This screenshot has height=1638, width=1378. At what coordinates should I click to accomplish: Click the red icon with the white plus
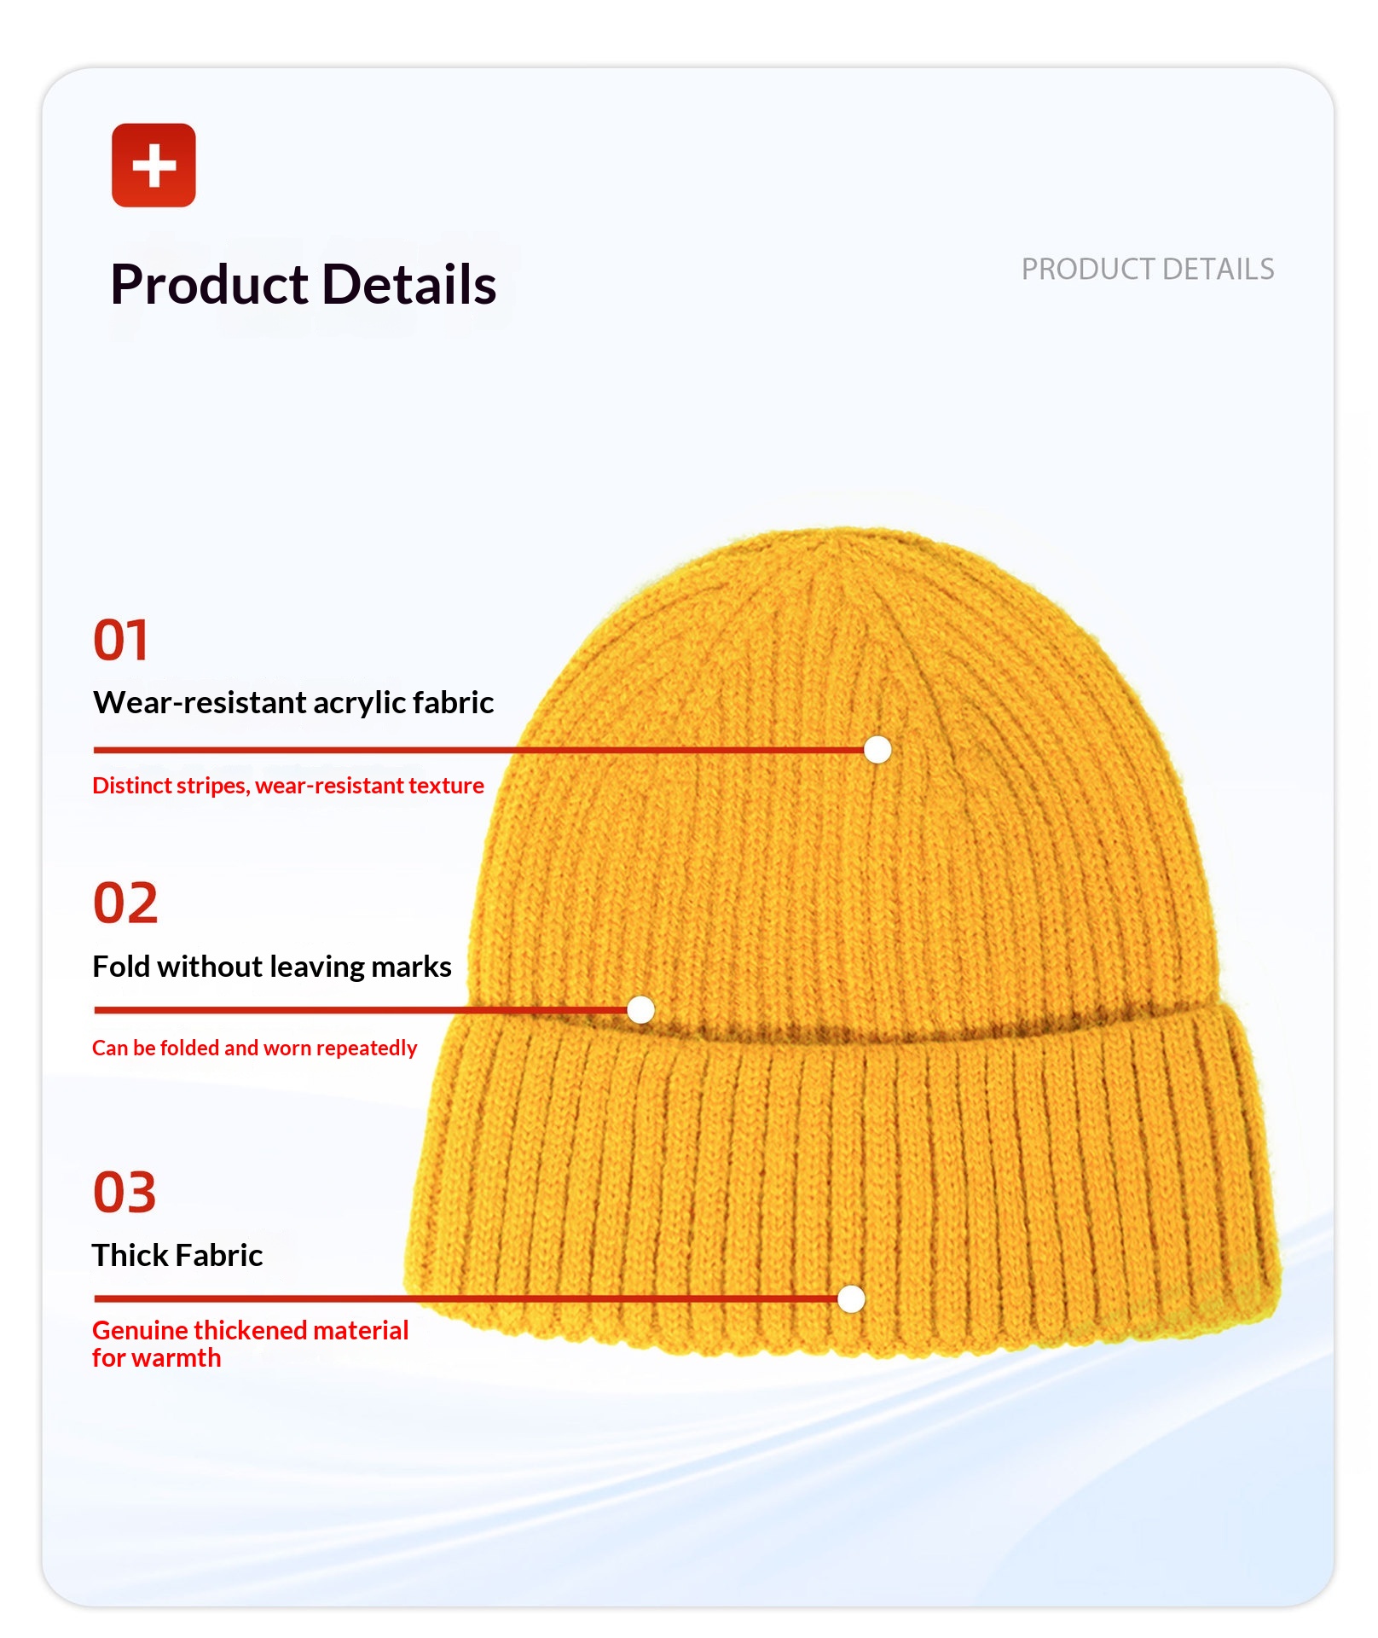click(x=153, y=165)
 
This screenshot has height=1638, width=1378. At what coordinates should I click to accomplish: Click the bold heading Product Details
click(x=304, y=284)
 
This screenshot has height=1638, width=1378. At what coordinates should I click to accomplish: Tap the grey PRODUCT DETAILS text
click(x=1148, y=270)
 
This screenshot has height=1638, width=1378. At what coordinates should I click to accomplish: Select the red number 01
click(x=121, y=640)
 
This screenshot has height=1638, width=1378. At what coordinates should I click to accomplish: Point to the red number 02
click(x=125, y=903)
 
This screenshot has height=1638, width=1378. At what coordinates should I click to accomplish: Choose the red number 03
click(x=124, y=1192)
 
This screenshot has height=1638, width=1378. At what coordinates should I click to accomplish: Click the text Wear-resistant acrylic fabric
click(x=293, y=703)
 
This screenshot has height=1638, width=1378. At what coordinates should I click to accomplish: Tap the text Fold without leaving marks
click(x=272, y=967)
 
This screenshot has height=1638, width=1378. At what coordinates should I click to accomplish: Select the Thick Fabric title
click(x=177, y=1255)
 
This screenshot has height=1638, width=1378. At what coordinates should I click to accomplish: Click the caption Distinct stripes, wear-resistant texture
click(x=288, y=786)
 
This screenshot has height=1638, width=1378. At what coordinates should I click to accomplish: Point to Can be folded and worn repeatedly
click(x=255, y=1048)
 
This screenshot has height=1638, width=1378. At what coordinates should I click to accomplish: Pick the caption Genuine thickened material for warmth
click(x=251, y=1344)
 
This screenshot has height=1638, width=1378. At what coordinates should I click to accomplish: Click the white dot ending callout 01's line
click(x=877, y=750)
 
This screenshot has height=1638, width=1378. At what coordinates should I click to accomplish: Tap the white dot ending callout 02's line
click(x=640, y=1010)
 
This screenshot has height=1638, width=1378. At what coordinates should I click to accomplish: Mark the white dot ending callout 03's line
click(x=851, y=1299)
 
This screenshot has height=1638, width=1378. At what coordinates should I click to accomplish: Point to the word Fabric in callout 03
click(x=220, y=1255)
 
